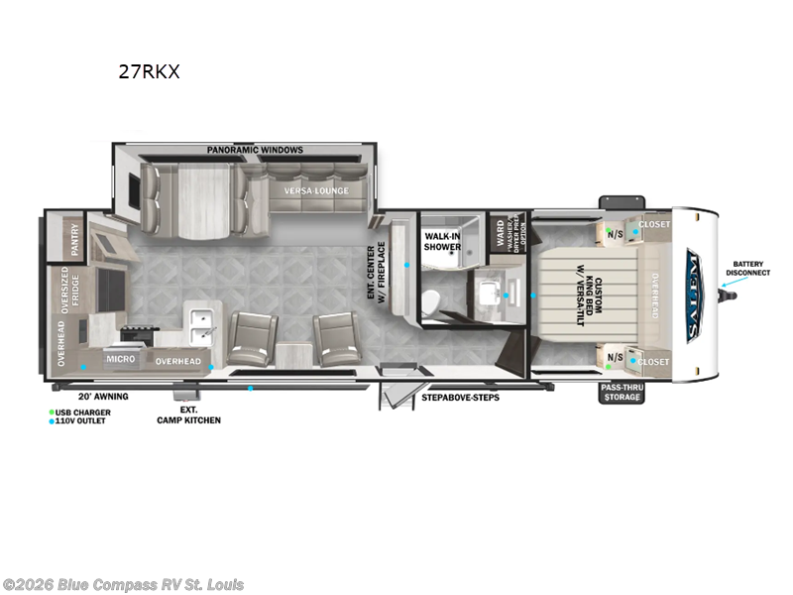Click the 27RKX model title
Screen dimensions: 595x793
point(148,71)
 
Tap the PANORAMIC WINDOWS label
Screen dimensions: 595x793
point(255,150)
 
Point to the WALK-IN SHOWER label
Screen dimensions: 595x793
point(443,241)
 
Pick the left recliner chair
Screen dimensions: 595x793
point(251,340)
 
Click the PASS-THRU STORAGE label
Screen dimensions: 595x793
point(623,392)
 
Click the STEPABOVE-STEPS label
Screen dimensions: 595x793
point(460,397)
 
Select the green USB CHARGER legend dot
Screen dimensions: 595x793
point(52,411)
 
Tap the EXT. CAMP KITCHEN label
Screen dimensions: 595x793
point(187,414)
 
